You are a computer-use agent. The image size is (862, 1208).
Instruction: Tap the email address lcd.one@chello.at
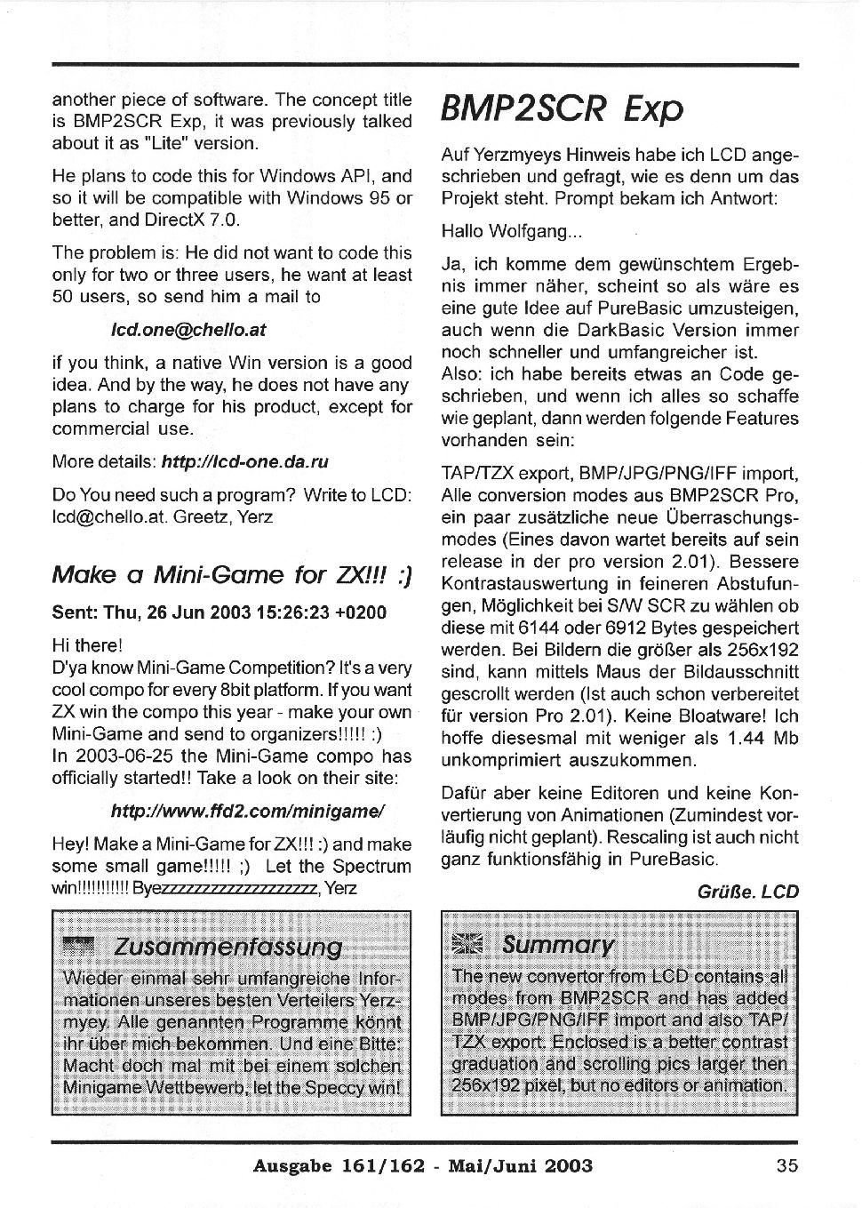188,329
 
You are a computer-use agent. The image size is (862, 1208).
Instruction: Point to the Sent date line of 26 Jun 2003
219,613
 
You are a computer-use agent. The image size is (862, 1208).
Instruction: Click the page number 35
786,1165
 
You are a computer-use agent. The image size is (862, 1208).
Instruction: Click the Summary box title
557,944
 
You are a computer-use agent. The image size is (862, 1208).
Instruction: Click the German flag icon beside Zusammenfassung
79,946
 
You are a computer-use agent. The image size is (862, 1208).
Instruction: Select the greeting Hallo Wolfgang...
511,231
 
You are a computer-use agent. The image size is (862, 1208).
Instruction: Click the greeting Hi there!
86,644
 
